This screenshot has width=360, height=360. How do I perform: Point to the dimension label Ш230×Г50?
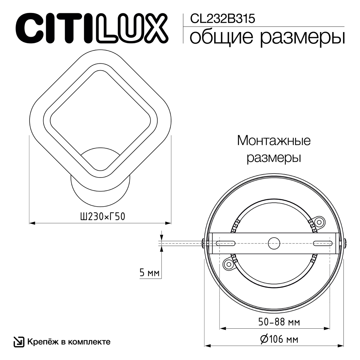[x=99, y=217]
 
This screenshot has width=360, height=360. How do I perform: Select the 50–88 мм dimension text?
[x=275, y=321]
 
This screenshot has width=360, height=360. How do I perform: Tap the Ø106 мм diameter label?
[x=275, y=339]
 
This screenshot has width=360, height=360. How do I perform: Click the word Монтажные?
[x=274, y=141]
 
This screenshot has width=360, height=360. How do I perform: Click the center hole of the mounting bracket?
[x=274, y=242]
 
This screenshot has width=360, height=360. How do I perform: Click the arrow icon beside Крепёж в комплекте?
[x=18, y=341]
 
